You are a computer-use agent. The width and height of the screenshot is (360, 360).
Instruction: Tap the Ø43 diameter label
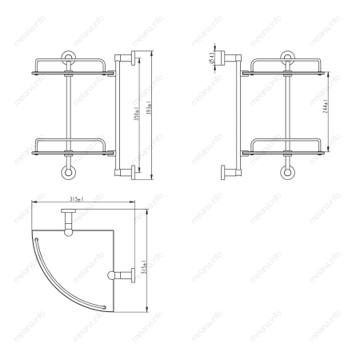coord(210,57)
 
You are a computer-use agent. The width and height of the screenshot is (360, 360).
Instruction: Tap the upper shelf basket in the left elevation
coord(70,69)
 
